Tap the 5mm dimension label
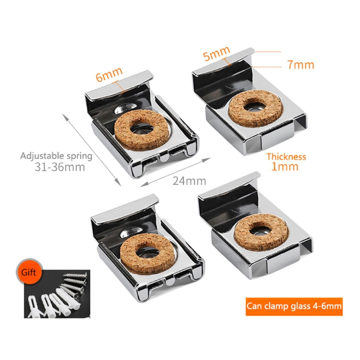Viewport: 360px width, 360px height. click(216, 53)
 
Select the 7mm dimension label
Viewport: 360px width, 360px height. click(301, 65)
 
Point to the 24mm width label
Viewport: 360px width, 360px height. click(189, 181)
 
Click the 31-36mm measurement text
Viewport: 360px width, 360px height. click(60, 167)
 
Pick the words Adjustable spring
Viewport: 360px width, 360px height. click(56, 156)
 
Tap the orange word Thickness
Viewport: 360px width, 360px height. click(286, 157)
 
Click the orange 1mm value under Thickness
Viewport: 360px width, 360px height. click(285, 166)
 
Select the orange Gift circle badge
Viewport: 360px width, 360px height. click(29, 272)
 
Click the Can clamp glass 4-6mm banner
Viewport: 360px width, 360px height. click(294, 306)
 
